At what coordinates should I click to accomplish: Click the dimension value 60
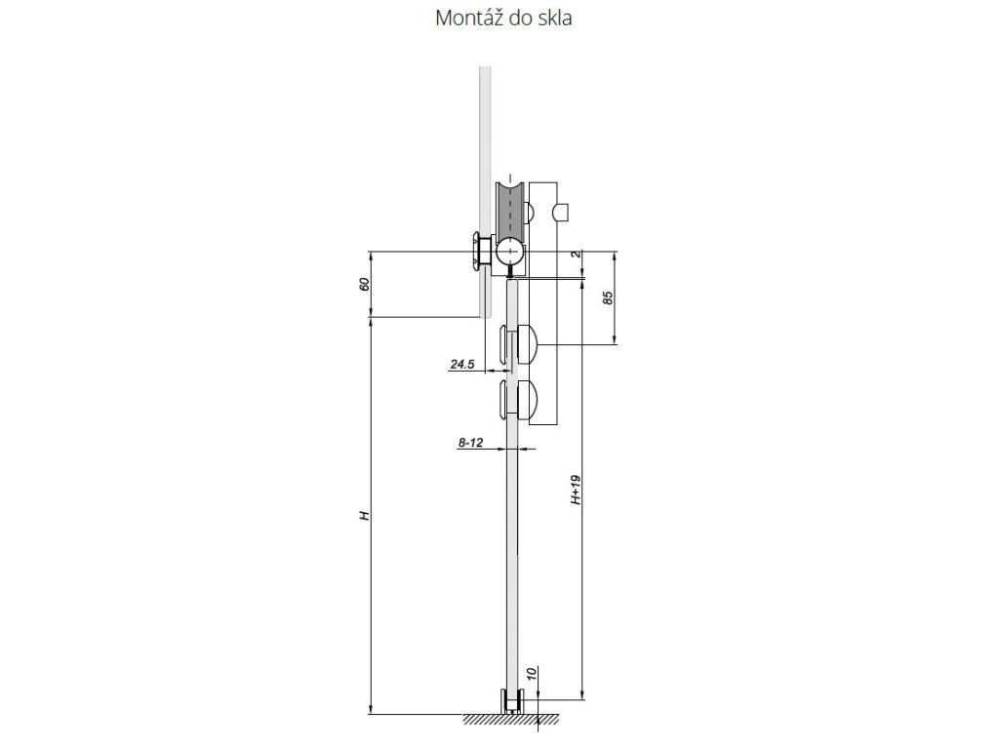point(365,284)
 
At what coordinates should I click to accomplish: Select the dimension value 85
point(608,297)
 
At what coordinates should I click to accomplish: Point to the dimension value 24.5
point(461,365)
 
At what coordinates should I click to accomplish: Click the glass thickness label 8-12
point(470,443)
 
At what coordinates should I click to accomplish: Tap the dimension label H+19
point(576,490)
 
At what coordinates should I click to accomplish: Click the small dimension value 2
point(576,254)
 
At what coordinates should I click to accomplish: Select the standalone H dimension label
point(365,515)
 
